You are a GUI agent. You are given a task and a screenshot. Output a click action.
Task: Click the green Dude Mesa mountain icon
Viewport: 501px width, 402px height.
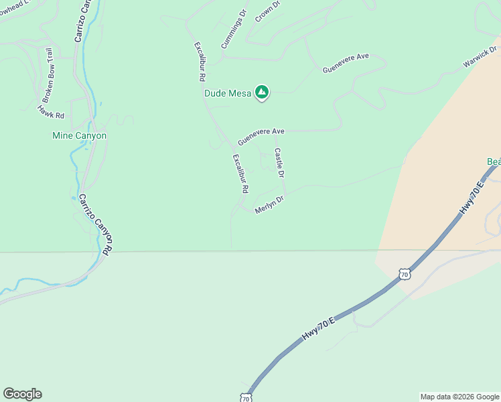(x=262, y=92)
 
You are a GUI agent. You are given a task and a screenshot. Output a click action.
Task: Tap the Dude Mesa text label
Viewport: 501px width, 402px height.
(x=228, y=93)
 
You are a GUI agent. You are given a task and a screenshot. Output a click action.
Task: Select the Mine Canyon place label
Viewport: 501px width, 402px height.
(x=79, y=135)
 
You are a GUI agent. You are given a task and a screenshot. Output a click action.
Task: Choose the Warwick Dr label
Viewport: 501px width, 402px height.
(x=480, y=57)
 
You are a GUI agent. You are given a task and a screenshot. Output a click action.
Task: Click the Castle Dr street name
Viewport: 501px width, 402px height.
(x=279, y=163)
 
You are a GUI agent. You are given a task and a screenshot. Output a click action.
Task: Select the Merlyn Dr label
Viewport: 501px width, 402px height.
(x=270, y=204)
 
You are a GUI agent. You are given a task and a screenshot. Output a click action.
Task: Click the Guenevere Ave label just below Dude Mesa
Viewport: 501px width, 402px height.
(x=261, y=133)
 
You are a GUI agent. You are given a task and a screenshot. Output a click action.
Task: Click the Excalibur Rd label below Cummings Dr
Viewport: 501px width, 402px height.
(x=200, y=62)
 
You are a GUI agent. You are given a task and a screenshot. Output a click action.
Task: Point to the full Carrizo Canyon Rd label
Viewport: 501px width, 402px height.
(x=96, y=223)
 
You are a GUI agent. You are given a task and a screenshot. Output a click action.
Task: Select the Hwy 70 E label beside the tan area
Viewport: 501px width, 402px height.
(x=472, y=198)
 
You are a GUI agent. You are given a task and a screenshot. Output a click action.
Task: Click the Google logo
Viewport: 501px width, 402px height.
(x=22, y=394)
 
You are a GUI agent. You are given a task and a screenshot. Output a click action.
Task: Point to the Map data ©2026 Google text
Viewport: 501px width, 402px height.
(x=459, y=397)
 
